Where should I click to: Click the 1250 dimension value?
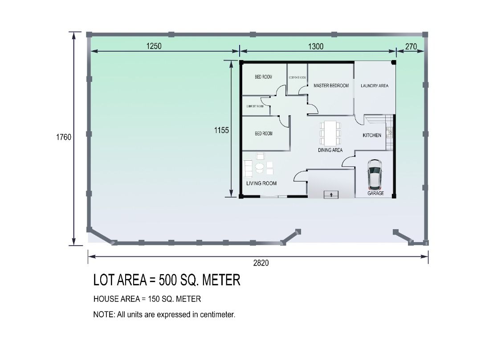point(154,46)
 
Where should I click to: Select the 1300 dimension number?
point(316,46)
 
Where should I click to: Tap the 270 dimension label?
point(411,46)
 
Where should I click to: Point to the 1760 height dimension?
point(63,137)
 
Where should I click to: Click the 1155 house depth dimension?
point(221,130)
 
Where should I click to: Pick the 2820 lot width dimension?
point(261,263)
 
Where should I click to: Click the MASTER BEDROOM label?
point(331,85)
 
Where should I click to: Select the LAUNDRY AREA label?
point(374,86)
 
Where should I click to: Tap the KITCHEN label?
point(372,135)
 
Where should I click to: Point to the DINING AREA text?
point(330,150)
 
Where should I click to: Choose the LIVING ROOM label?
point(261,183)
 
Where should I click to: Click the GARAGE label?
point(375,194)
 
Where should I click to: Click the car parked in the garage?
point(375,174)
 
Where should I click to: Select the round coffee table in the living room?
point(259,168)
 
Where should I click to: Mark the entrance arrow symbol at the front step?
point(331,194)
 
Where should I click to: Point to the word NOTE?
point(103,315)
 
